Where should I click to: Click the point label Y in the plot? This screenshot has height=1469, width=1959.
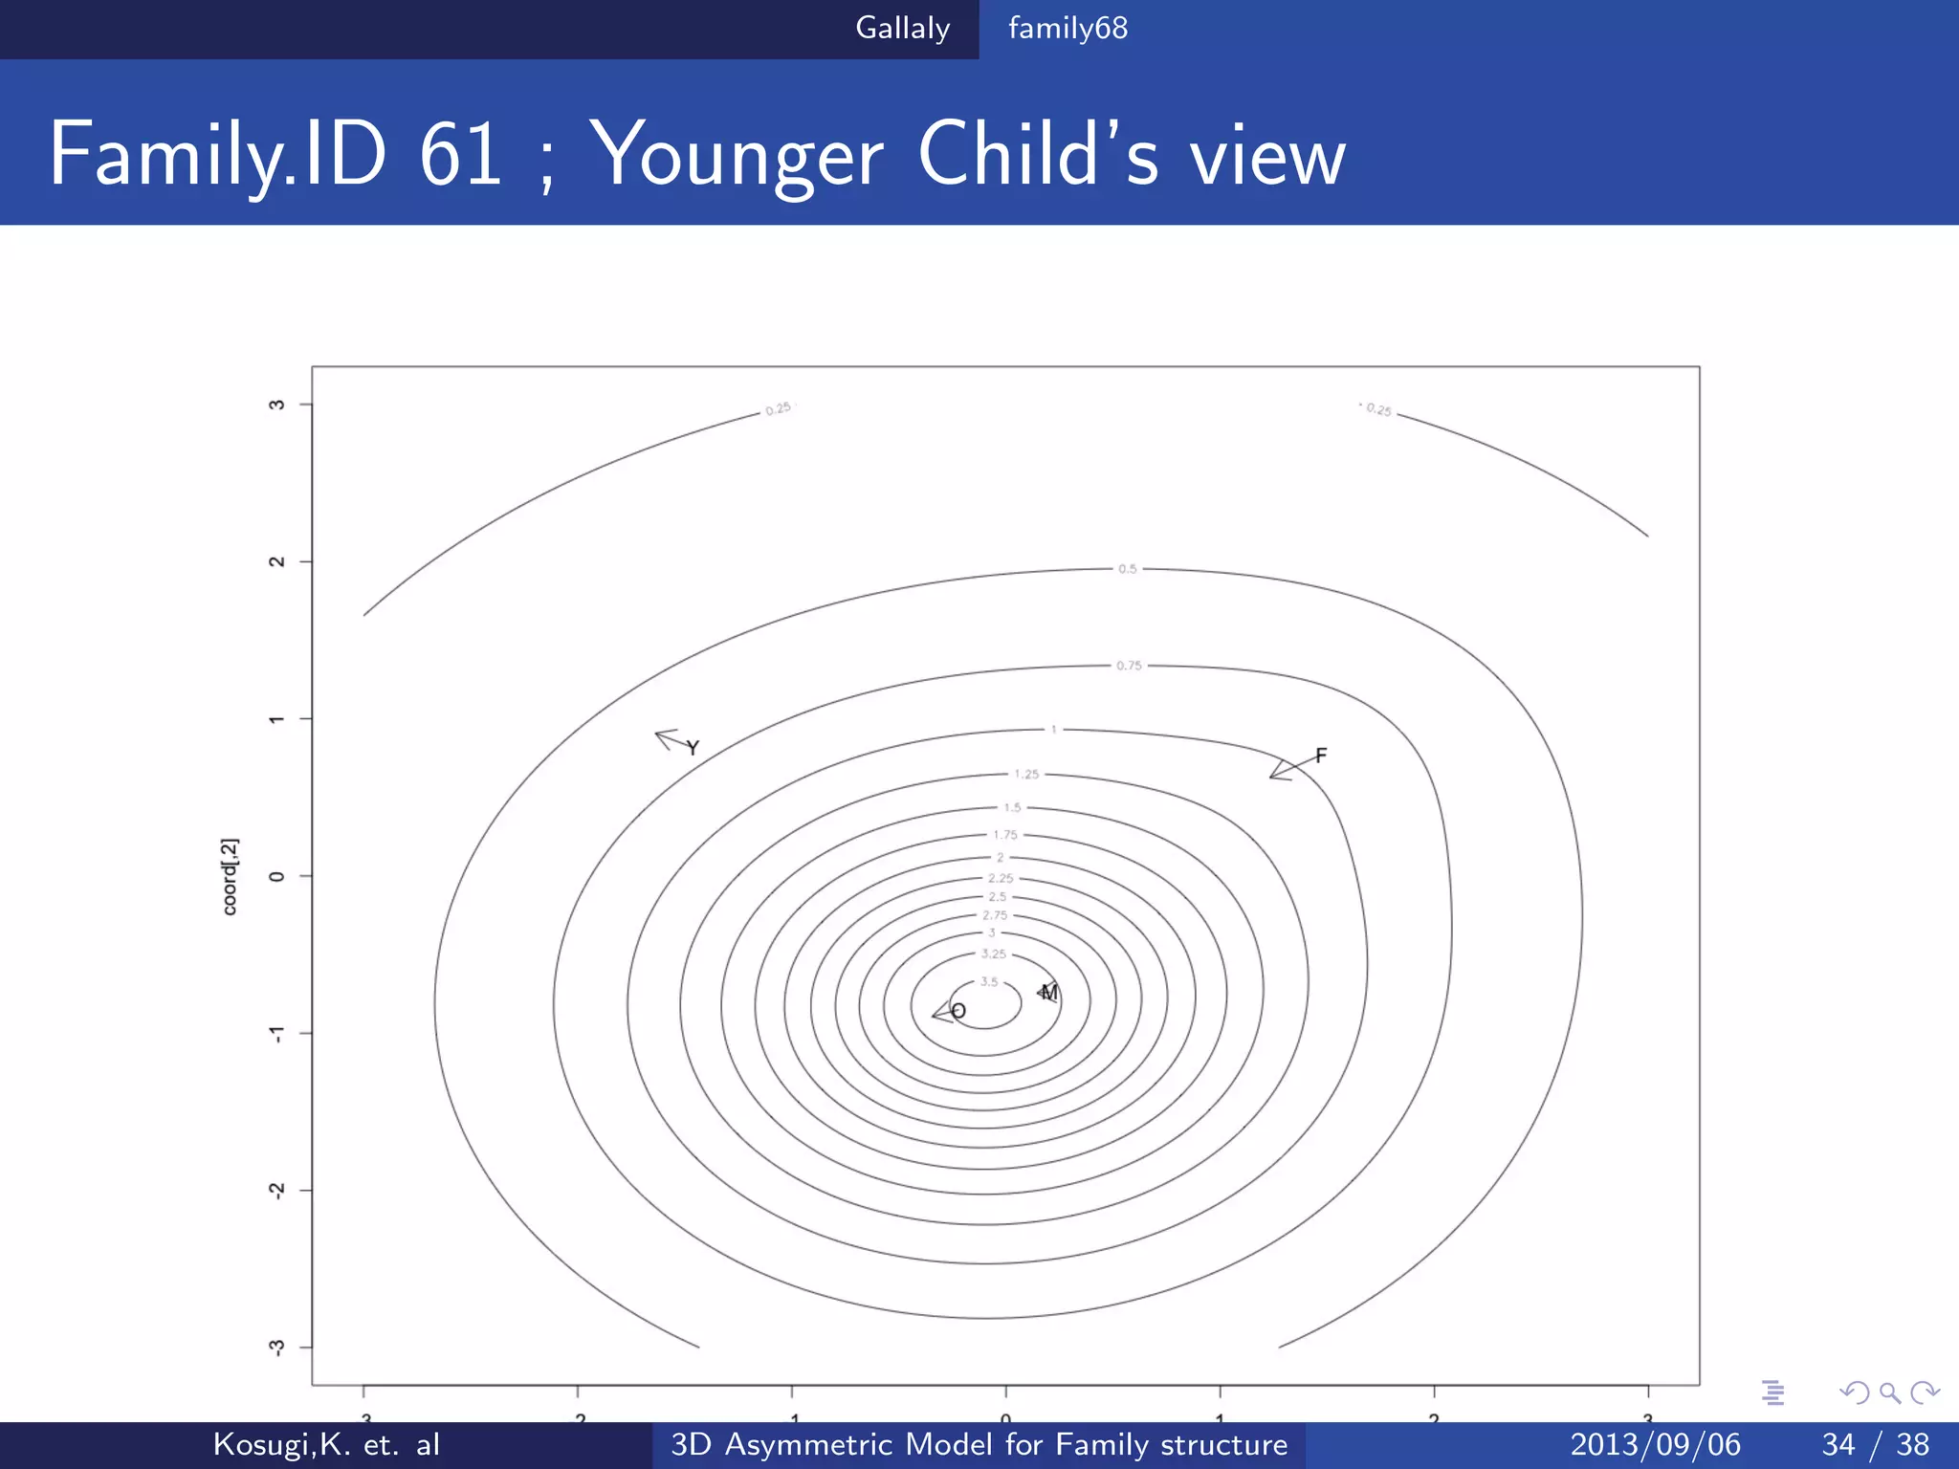click(x=693, y=748)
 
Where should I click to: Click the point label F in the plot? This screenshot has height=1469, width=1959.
click(x=1321, y=756)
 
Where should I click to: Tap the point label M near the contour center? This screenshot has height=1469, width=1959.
click(x=1049, y=993)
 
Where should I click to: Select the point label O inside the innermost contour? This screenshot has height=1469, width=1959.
click(x=958, y=1011)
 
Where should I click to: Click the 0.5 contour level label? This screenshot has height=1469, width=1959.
click(x=1128, y=569)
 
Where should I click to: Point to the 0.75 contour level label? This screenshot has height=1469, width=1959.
click(x=1129, y=666)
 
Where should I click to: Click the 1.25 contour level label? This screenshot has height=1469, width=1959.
click(x=1026, y=774)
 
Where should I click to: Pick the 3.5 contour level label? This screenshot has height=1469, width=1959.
click(x=989, y=982)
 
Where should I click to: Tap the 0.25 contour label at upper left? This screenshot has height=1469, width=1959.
click(x=779, y=408)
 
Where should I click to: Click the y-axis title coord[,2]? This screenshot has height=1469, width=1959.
click(x=230, y=876)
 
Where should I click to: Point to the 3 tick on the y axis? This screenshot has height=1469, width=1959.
click(x=276, y=405)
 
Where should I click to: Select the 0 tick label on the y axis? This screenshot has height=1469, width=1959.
click(x=276, y=876)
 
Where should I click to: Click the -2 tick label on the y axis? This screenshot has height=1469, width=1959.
click(x=276, y=1190)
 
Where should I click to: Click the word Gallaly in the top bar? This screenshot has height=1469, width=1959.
click(x=902, y=28)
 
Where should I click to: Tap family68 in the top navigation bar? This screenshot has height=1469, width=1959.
click(x=1068, y=28)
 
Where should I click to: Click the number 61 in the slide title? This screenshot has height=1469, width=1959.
click(x=460, y=155)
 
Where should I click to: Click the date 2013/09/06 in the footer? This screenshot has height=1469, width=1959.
click(x=1655, y=1444)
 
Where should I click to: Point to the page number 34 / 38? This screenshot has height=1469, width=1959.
click(x=1875, y=1444)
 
